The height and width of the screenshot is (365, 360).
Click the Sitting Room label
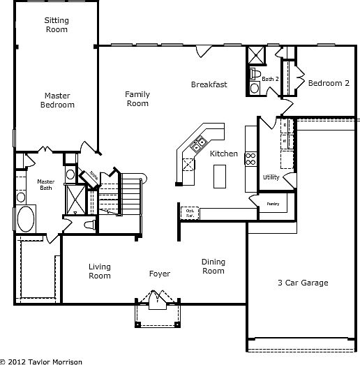pyautogui.click(x=57, y=25)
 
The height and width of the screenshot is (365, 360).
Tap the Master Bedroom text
pyautogui.click(x=59, y=100)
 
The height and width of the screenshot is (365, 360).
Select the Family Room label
pyautogui.click(x=137, y=98)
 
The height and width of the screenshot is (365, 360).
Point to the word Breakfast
pyautogui.click(x=209, y=85)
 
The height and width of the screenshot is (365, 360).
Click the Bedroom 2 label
pyautogui.click(x=329, y=83)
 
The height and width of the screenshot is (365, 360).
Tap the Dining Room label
pyautogui.click(x=213, y=267)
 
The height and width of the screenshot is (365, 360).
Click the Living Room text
pyautogui.click(x=100, y=271)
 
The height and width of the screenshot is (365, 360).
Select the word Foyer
pyautogui.click(x=160, y=274)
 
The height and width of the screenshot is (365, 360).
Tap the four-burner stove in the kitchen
pyautogui.click(x=250, y=158)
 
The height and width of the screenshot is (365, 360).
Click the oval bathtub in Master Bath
pyautogui.click(x=26, y=218)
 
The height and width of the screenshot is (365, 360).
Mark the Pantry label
pyautogui.click(x=273, y=204)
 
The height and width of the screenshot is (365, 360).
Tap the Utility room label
pyautogui.click(x=271, y=177)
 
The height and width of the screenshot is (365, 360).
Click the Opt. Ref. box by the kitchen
pyautogui.click(x=189, y=212)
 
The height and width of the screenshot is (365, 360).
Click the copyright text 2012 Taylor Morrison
pyautogui.click(x=41, y=361)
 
